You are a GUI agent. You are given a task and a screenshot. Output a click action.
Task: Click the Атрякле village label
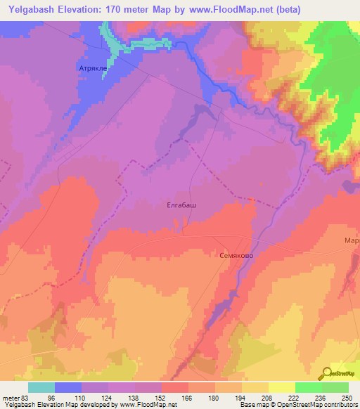point(92,69)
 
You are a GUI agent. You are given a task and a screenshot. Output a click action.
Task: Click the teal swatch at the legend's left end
point(41,387)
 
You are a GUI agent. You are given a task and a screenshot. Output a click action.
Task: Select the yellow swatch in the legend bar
point(282,387)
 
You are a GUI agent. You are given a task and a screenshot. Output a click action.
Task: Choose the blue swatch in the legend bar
point(68,387)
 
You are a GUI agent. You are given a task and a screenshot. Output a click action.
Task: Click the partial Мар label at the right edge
point(352,240)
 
